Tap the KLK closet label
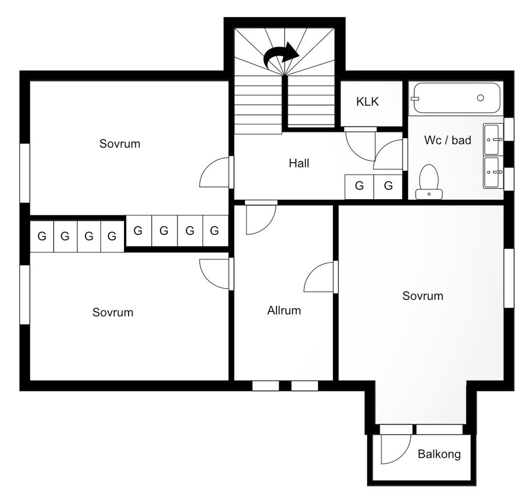367,101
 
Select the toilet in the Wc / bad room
429,182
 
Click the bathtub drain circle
480,98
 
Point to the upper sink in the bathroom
493,139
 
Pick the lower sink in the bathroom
493,172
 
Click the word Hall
299,163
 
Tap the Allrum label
284,311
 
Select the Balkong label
439,454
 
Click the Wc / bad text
448,140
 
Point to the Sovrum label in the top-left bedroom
119,144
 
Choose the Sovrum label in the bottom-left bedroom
113,313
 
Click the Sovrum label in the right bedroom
423,296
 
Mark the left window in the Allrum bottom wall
266,386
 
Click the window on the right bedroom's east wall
509,278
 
